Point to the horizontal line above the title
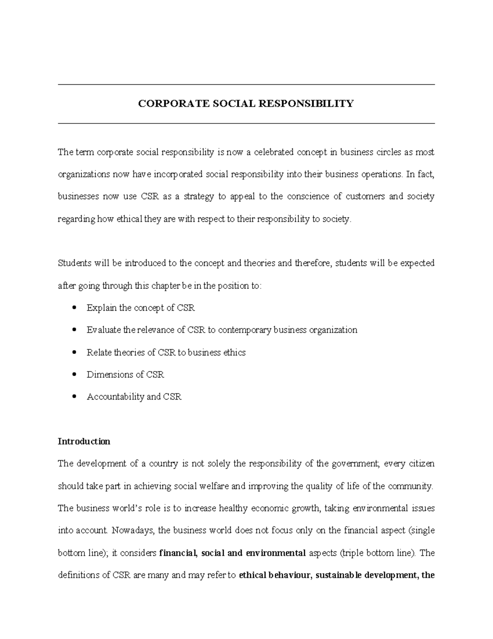tap(246, 85)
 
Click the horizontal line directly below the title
tap(246, 123)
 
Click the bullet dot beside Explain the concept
tap(74, 307)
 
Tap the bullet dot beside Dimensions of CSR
tap(74, 374)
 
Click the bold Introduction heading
tap(84, 441)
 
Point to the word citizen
tap(422, 464)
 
